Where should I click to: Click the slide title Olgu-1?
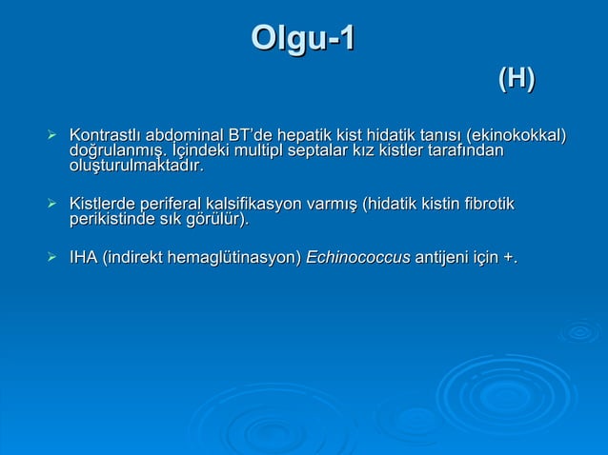[303, 39]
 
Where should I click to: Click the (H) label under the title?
[516, 81]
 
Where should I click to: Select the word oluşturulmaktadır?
[136, 167]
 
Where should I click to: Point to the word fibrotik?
[487, 204]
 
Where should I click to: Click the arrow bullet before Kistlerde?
[53, 205]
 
